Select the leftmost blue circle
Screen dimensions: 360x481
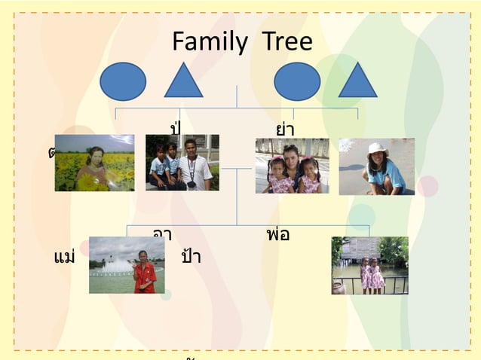point(123,81)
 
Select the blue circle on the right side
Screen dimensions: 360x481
point(297,81)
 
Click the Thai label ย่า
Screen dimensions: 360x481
point(285,129)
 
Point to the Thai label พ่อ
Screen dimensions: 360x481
point(278,234)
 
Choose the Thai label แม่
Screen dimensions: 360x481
point(65,257)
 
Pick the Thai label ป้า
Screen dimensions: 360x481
point(191,257)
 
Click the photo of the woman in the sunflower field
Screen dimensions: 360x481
point(94,163)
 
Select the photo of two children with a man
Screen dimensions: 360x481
point(182,163)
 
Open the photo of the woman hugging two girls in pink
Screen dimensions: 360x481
point(292,166)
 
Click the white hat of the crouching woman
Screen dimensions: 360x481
point(376,148)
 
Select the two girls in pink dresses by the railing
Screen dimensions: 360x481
point(372,275)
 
